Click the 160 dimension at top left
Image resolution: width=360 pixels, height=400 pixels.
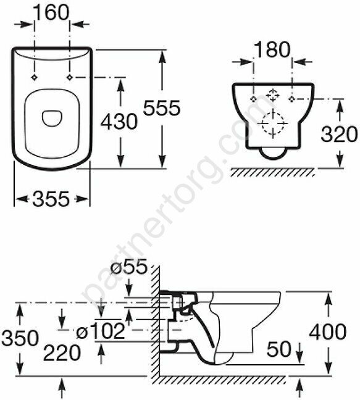(x=51, y=13)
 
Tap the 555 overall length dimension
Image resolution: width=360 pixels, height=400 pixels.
(x=162, y=108)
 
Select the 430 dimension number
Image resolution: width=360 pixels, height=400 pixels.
(x=119, y=122)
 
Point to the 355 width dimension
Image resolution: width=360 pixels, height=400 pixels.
(x=51, y=199)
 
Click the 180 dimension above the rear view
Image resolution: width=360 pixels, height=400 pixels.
(x=272, y=49)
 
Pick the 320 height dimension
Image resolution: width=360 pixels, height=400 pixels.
(x=339, y=134)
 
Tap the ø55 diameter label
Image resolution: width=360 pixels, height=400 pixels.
(x=129, y=266)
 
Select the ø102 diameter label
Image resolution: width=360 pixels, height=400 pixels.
(x=101, y=331)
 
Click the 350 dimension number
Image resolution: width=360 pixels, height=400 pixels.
(x=20, y=338)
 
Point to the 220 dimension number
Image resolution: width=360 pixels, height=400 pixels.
(x=62, y=353)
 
